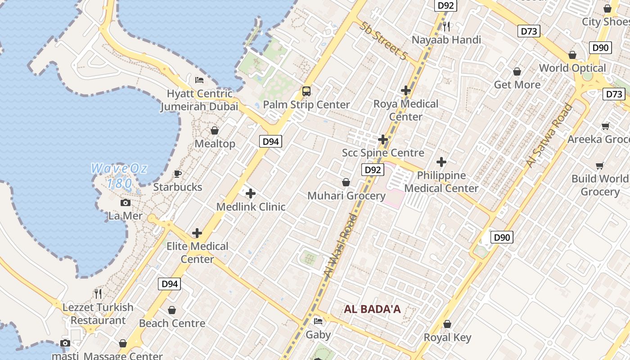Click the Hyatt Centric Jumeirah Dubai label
tap(199, 100)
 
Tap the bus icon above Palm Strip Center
tap(306, 91)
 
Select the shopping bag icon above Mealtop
tap(215, 130)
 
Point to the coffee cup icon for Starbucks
tap(178, 174)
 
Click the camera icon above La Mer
tap(126, 203)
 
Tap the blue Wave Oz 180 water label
tap(119, 176)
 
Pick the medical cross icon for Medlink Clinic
tap(251, 194)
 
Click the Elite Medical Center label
tap(198, 252)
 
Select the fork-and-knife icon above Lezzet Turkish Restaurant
tap(98, 294)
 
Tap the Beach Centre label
tap(172, 323)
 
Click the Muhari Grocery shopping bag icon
tap(346, 182)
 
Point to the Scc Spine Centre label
tap(383, 153)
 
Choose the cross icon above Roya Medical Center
tap(406, 90)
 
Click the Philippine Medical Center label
tap(441, 181)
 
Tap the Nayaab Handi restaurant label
tap(446, 40)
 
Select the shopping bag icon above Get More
tap(517, 72)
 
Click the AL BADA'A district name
tap(372, 309)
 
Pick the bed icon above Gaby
tap(318, 321)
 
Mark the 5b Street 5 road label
tap(383, 40)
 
